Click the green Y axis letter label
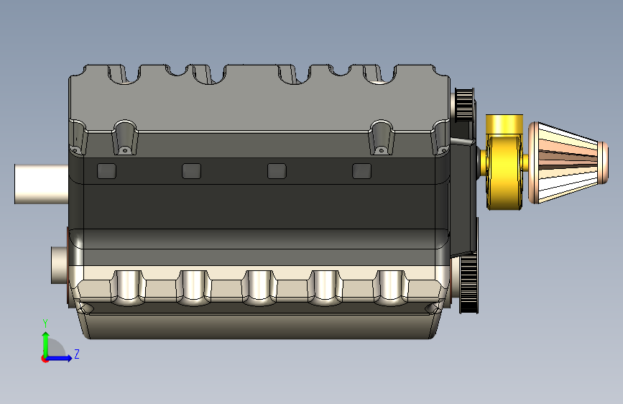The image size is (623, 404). [45, 323]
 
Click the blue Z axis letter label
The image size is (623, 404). [77, 354]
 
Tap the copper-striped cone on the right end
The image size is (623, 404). [568, 163]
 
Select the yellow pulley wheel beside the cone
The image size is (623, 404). [504, 171]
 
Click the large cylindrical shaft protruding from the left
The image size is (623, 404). [42, 184]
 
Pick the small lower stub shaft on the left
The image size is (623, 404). [60, 265]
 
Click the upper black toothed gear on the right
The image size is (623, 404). [464, 104]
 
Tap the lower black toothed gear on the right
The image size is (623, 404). [469, 283]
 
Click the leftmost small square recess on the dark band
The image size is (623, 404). [107, 171]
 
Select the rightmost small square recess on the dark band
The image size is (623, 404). [362, 171]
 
